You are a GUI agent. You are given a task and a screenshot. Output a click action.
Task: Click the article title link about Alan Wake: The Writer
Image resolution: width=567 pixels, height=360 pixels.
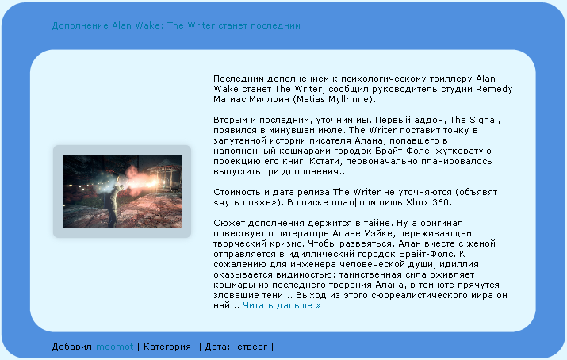point(176,25)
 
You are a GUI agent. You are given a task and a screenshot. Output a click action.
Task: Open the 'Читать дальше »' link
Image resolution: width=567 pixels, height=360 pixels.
point(282,305)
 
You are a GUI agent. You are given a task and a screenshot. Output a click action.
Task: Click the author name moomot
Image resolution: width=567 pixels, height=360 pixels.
point(115,347)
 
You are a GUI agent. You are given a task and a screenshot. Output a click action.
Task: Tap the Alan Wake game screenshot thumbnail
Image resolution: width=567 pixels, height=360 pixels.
point(122,192)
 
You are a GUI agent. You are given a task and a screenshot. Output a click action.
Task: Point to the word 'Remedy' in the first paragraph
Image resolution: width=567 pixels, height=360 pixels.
point(494,90)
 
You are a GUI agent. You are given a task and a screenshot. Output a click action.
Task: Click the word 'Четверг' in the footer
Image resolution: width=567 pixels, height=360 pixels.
point(249,347)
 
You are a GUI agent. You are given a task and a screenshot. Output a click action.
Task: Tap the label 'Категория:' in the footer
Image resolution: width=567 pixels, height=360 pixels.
point(169,347)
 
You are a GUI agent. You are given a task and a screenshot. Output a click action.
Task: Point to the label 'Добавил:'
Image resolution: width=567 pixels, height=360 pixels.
point(74,347)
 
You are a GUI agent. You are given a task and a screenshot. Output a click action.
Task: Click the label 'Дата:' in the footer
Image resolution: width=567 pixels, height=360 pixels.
point(218,347)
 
